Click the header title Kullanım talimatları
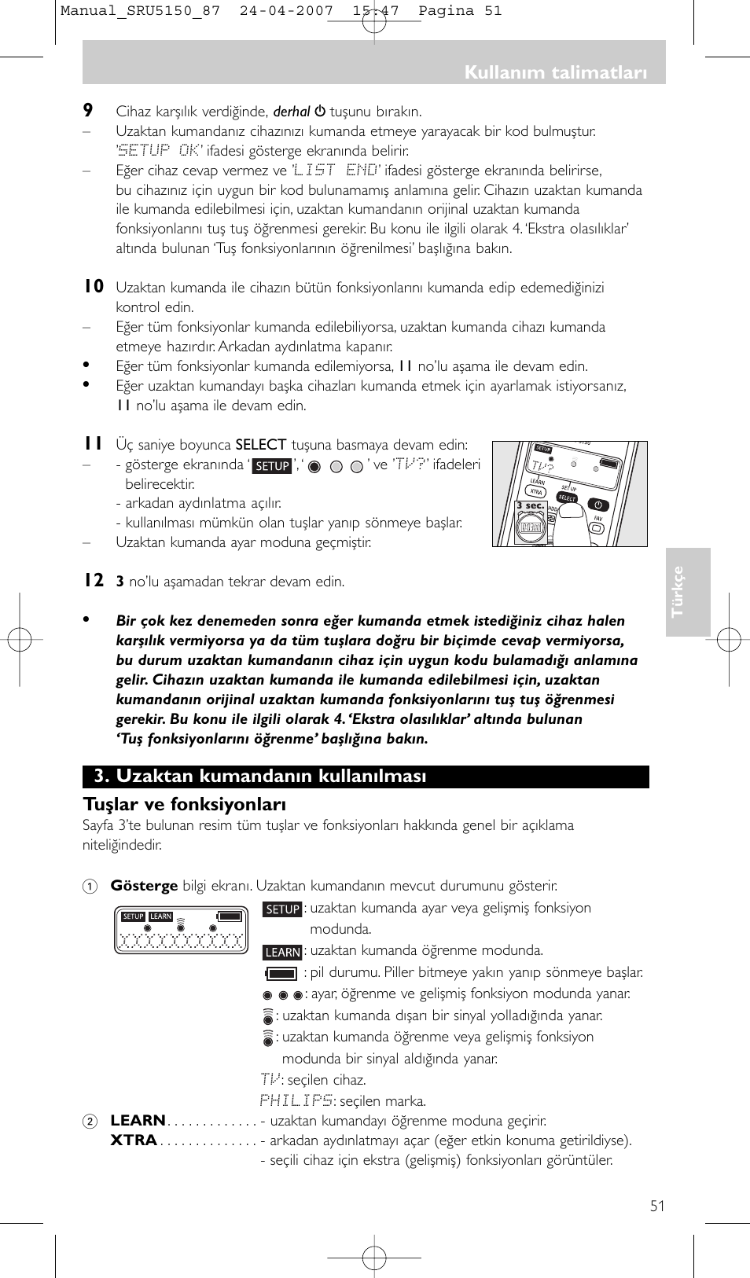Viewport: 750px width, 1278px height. point(555,72)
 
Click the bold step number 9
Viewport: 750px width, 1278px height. point(88,111)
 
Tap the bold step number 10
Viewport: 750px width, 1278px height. point(94,287)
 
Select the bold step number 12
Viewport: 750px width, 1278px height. point(94,581)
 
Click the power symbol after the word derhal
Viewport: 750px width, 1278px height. point(320,112)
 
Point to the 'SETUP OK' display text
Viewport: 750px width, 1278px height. point(160,151)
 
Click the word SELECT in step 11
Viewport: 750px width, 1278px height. point(261,445)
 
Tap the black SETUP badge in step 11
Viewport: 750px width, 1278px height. point(272,466)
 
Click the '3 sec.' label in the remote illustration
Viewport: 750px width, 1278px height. point(530,506)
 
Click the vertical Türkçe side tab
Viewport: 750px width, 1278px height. point(678,592)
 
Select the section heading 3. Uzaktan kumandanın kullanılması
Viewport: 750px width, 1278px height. point(260,777)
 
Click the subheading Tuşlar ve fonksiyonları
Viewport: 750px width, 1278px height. point(185,804)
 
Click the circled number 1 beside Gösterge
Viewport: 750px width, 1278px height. point(90,886)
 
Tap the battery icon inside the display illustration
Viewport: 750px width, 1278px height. point(230,916)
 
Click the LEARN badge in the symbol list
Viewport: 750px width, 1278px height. point(282,952)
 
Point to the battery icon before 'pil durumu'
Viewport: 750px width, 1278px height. point(281,973)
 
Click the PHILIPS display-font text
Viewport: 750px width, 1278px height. point(296,1100)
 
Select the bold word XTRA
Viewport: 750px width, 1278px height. point(134,1140)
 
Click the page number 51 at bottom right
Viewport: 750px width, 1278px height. point(657,1206)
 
